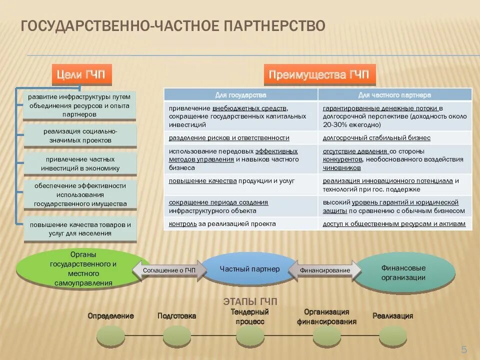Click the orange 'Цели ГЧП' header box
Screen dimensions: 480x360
(81, 74)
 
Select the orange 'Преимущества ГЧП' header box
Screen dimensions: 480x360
(319, 75)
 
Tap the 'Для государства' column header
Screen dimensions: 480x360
(240, 94)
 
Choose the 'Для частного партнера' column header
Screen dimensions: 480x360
(394, 94)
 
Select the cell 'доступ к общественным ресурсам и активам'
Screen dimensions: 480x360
(394, 224)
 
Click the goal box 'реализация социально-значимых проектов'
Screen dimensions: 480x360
(80, 135)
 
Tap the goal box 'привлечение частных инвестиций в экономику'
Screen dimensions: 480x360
(80, 163)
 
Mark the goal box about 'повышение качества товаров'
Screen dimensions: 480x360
(80, 229)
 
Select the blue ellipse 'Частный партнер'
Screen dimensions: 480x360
(249, 269)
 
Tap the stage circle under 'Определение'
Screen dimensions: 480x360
(110, 336)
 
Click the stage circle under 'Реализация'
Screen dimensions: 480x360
(392, 336)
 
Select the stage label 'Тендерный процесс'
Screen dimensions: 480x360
(250, 317)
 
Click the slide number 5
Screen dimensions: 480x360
(463, 349)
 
